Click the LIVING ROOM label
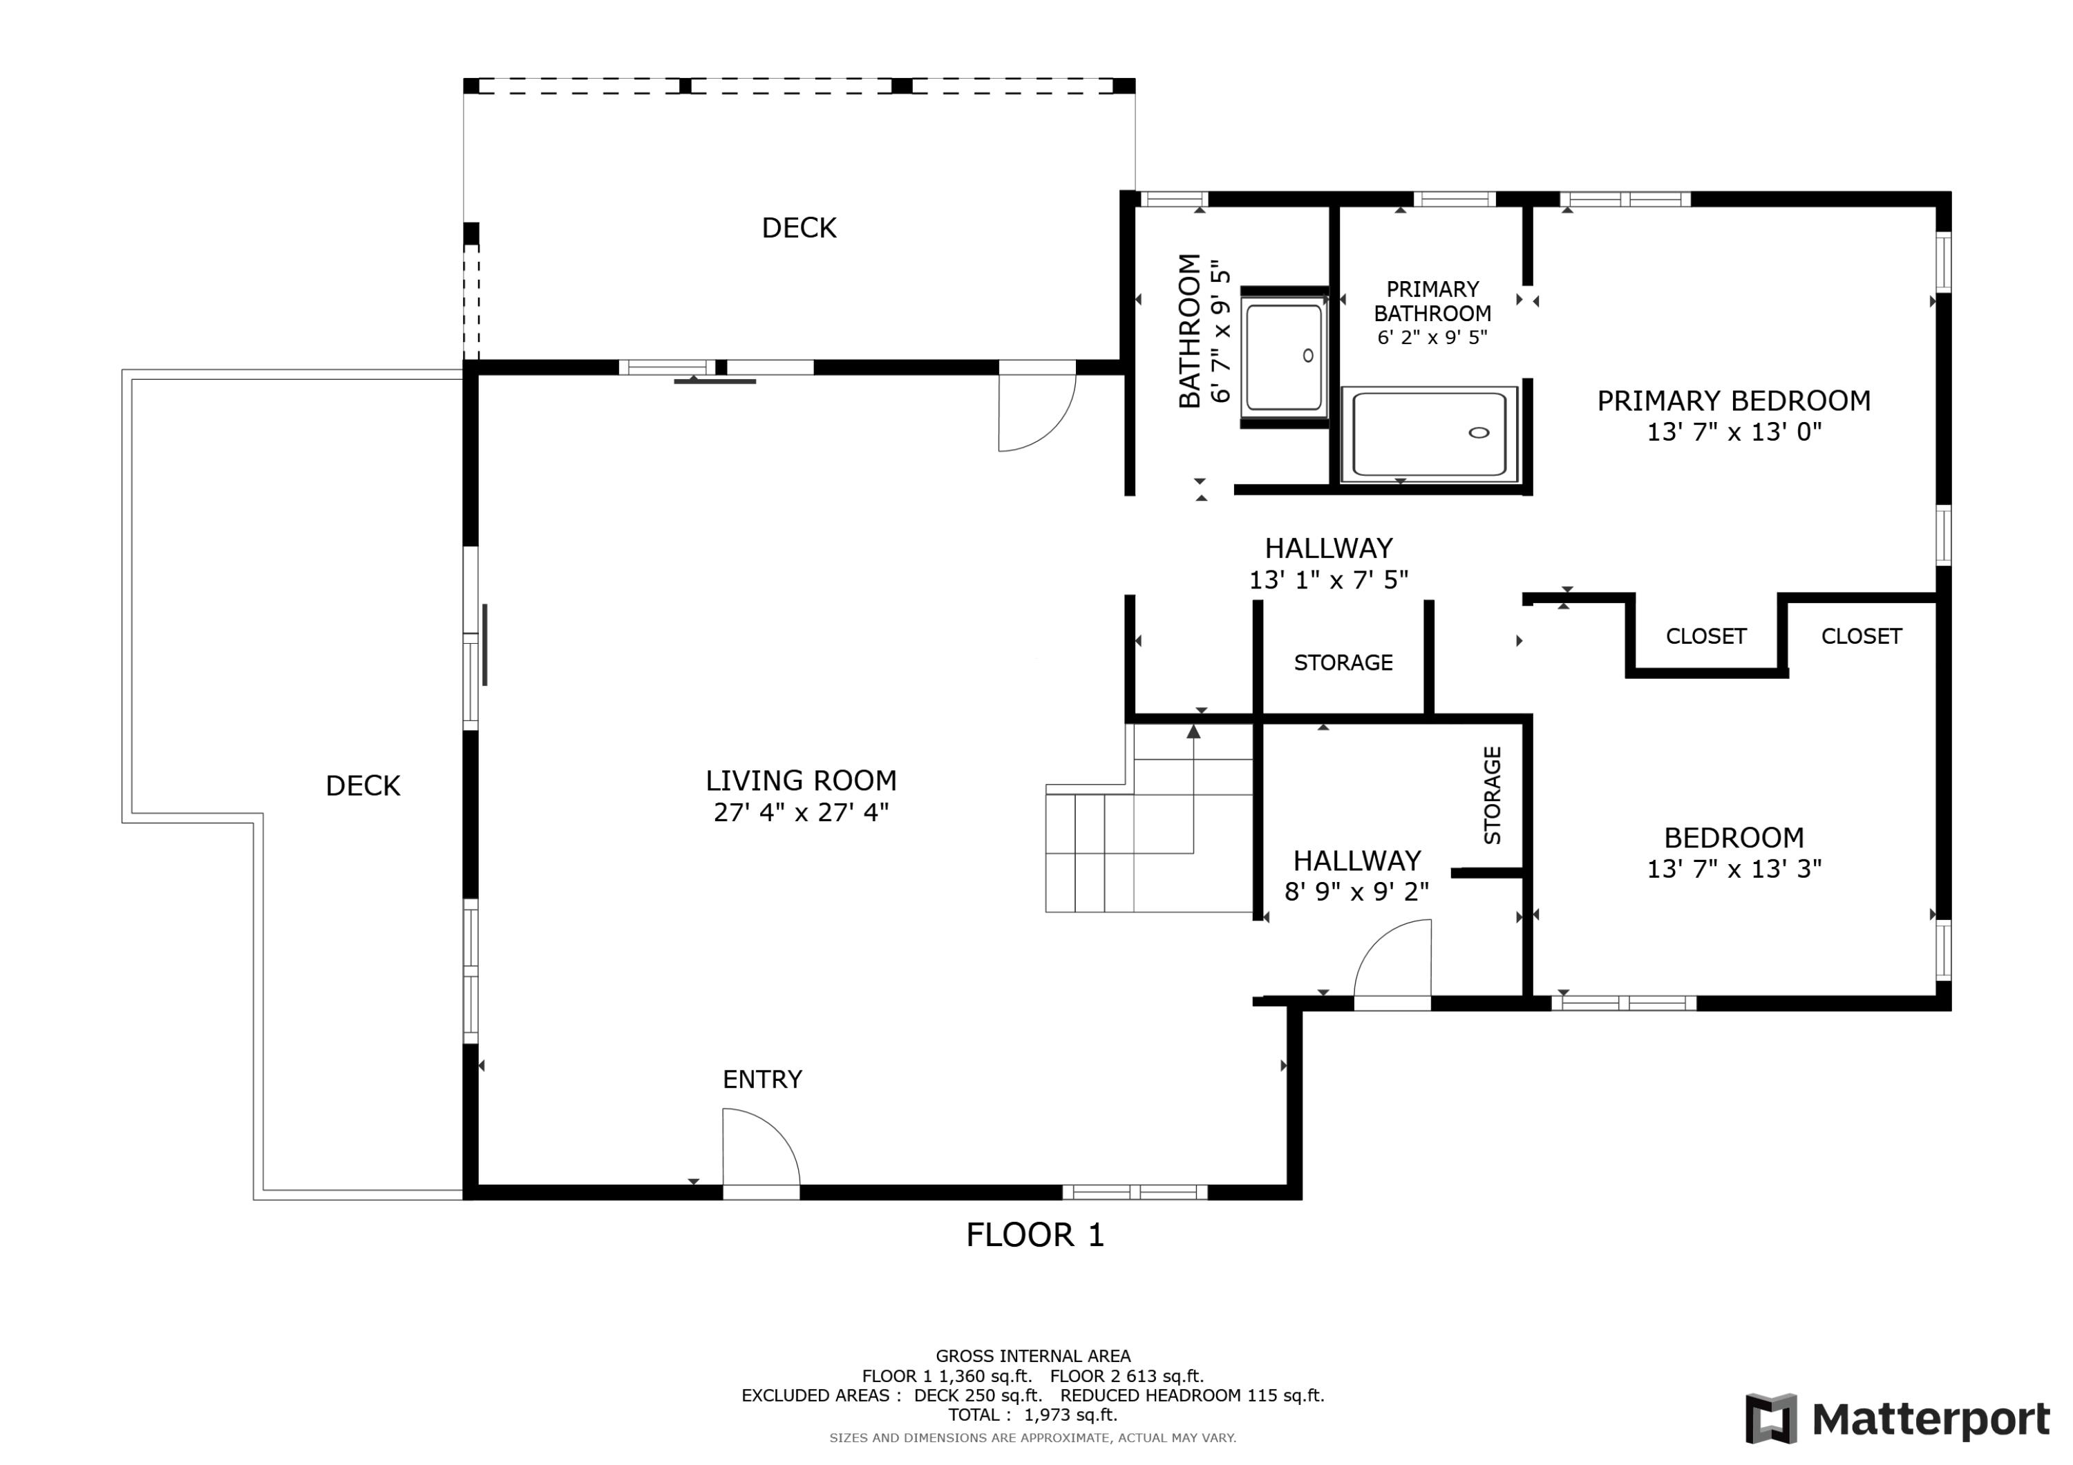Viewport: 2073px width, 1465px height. [800, 780]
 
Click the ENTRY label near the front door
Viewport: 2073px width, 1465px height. [762, 1079]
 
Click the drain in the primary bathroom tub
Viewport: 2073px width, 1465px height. [1478, 432]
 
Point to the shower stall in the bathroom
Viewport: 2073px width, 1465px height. [1283, 356]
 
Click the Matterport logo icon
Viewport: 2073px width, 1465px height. [1770, 1418]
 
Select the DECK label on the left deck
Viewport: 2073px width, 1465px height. [362, 785]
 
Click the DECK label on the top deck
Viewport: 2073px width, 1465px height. [798, 227]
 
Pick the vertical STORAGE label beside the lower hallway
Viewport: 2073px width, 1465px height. [1492, 795]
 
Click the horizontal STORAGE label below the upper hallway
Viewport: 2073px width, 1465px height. [1343, 662]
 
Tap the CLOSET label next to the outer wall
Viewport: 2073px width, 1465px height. [1861, 636]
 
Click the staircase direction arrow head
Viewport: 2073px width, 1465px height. [1193, 732]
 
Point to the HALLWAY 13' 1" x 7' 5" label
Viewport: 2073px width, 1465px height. [1327, 563]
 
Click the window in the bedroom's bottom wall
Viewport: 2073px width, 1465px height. [1622, 1003]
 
